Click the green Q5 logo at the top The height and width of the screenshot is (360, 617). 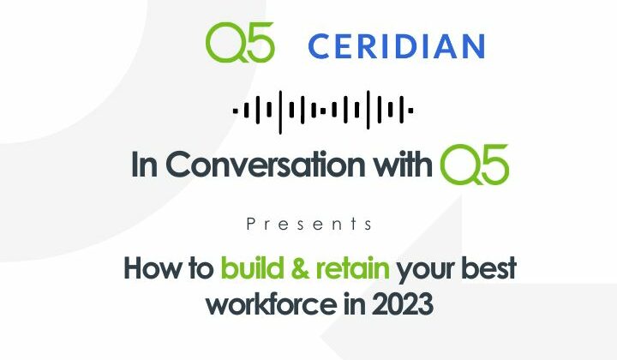(x=240, y=43)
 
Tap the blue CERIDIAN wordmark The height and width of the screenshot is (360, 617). (x=396, y=45)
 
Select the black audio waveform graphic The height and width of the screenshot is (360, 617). (x=323, y=110)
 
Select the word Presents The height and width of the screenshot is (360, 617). (x=308, y=224)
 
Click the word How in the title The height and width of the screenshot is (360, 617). (x=155, y=268)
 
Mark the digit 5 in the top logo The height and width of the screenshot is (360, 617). (x=260, y=43)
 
